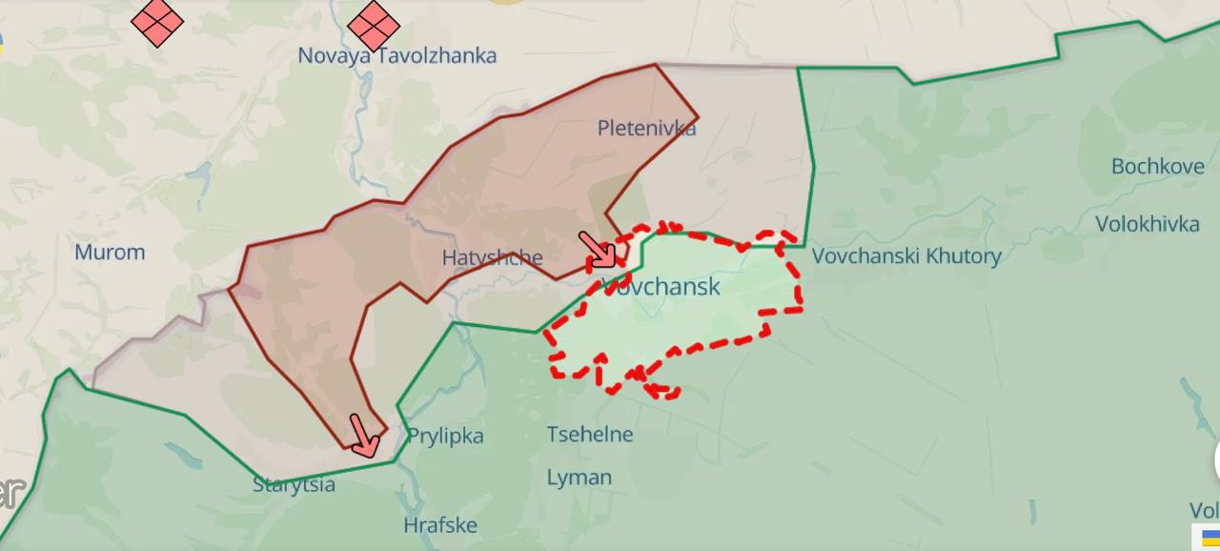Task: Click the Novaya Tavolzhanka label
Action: coord(396,55)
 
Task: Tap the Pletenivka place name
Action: coord(646,128)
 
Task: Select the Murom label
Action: coord(110,253)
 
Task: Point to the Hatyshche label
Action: coord(492,257)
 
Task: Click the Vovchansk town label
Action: coord(661,286)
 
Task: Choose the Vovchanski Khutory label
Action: coord(906,255)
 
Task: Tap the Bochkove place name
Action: coord(1157,166)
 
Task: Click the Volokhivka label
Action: coord(1147,224)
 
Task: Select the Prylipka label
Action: coord(445,436)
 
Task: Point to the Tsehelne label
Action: coord(589,435)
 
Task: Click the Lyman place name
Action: coord(579,478)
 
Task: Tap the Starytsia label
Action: coord(294,485)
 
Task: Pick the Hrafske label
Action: coord(439,525)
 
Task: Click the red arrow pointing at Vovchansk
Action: coord(599,249)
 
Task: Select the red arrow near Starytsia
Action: coord(364,436)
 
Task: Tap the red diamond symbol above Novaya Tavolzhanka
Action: coord(374,25)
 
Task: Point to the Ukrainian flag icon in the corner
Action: coord(1210,538)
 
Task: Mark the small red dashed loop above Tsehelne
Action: coord(661,390)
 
